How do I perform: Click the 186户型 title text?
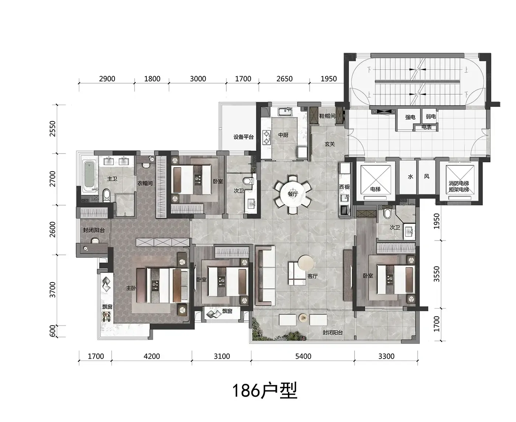[265, 391]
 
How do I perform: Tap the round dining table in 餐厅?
[293, 194]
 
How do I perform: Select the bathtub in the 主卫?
[89, 176]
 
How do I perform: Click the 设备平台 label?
[243, 137]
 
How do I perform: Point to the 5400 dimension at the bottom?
[303, 356]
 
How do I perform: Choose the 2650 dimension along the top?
[285, 79]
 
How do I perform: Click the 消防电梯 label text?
[459, 183]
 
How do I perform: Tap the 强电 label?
[410, 117]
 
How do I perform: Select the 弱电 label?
[430, 117]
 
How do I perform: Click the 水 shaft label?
[411, 176]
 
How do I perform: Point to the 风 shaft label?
[427, 176]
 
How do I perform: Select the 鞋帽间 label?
[327, 116]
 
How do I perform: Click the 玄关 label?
[330, 144]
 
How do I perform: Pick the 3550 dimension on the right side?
[436, 274]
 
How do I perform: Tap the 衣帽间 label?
[145, 183]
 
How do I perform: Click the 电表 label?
[426, 127]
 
